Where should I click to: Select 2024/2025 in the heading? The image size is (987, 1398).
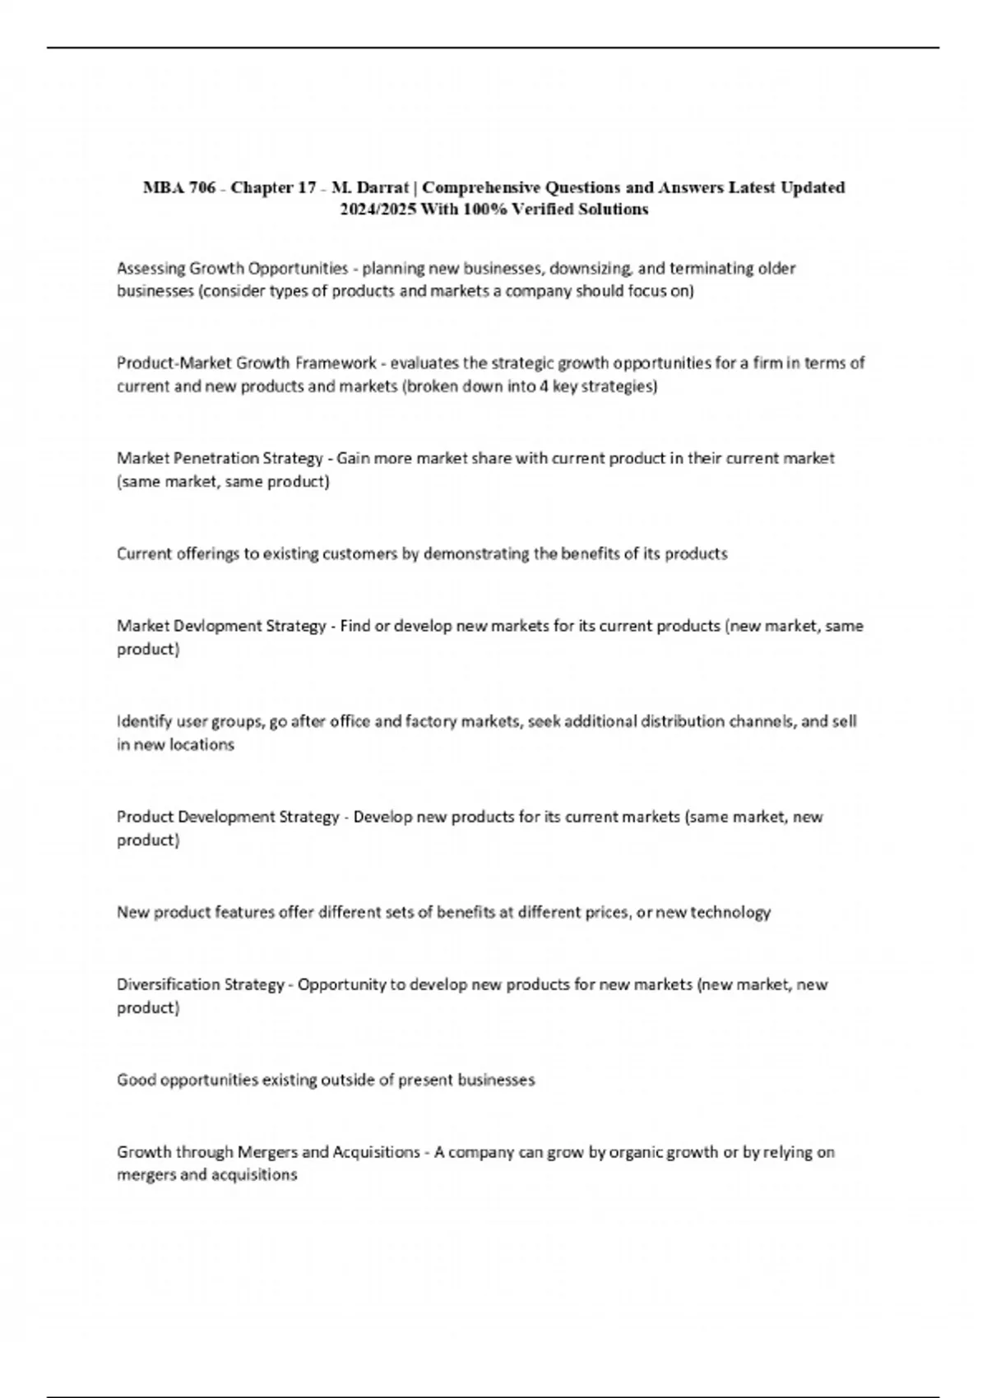pos(378,210)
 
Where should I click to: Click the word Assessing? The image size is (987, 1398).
pos(151,268)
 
